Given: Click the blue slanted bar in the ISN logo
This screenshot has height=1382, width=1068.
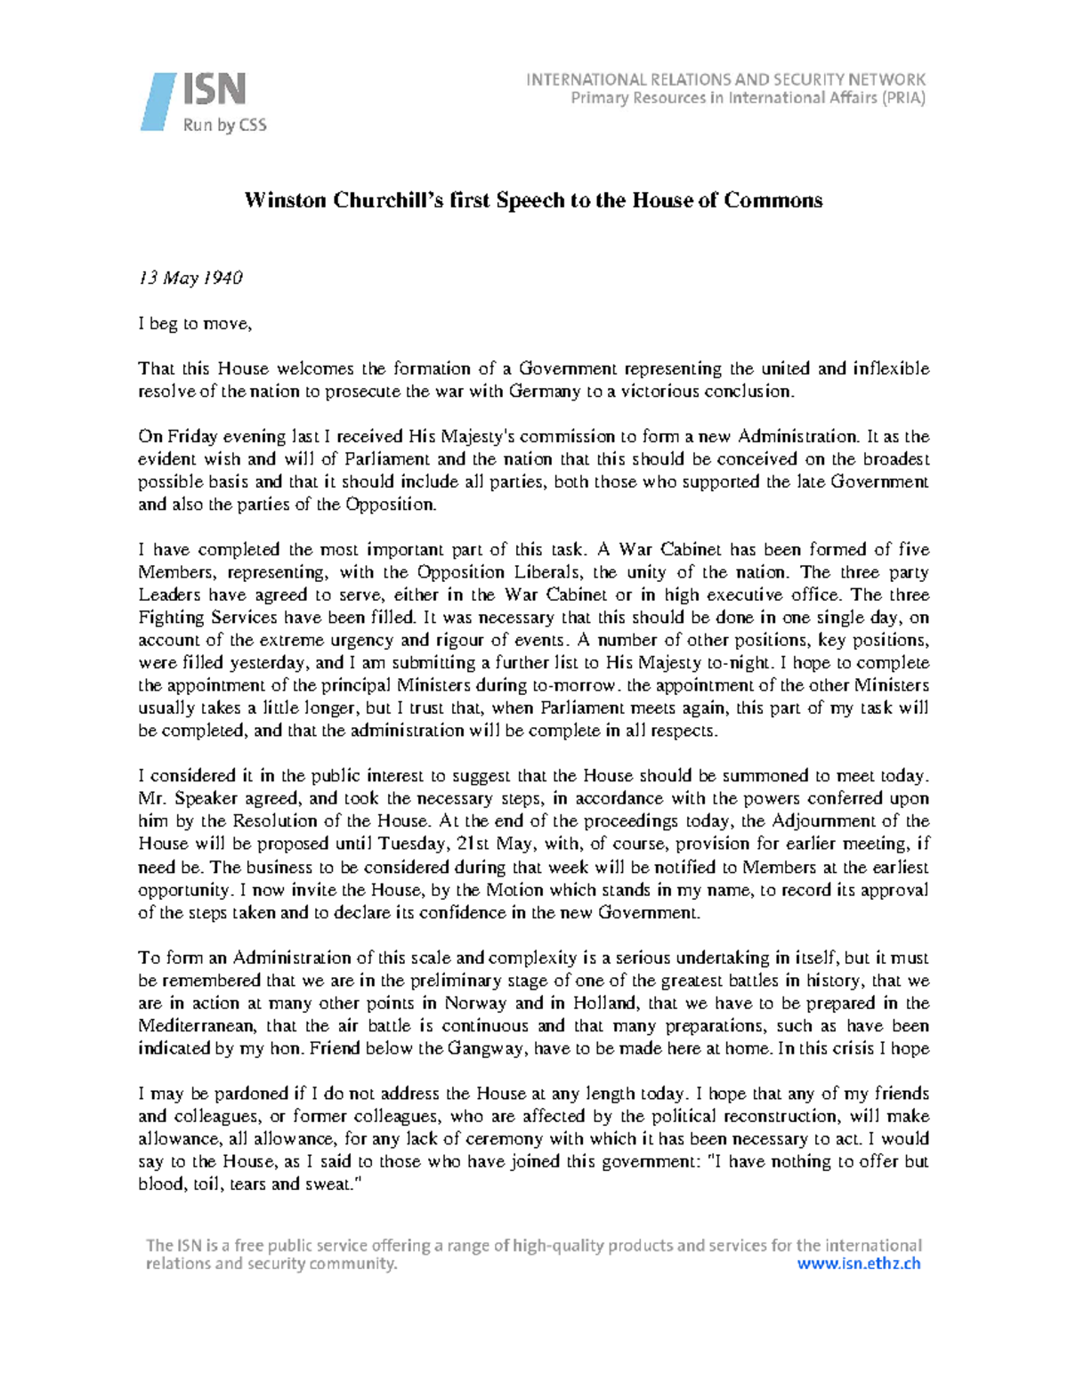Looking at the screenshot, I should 158,102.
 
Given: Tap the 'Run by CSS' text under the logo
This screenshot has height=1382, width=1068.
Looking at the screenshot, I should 224,125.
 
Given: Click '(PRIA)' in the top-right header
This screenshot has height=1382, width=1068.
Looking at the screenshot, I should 903,98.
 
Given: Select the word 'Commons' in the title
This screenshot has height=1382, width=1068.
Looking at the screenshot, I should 773,200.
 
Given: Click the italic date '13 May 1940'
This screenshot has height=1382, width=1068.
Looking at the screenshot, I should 190,278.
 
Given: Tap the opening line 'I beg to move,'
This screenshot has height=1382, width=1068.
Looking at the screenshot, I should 195,324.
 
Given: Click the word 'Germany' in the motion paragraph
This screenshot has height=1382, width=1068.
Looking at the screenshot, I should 544,392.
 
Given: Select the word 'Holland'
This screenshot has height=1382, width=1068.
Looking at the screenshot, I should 605,1003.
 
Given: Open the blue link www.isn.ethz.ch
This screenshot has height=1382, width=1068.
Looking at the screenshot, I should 858,1264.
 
